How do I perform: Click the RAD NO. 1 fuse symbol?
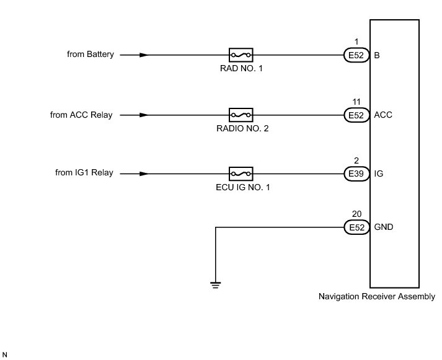[241, 55]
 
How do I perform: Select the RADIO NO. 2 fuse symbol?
[241, 115]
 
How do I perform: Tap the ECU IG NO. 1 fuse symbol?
[241, 173]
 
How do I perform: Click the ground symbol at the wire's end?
[215, 285]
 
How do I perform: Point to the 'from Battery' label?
[91, 54]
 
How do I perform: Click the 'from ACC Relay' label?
[81, 115]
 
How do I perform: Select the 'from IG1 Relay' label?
[84, 172]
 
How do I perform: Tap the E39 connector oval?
[356, 173]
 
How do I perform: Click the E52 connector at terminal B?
[356, 55]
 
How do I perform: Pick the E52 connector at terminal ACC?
[356, 115]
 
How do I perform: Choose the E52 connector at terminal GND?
[356, 227]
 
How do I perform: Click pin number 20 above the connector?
[356, 214]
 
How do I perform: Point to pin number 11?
[356, 102]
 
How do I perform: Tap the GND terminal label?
[383, 227]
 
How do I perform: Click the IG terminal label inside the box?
[378, 173]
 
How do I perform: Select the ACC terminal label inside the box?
[383, 115]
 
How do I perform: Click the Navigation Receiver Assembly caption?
[377, 296]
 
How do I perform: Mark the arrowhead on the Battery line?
[144, 55]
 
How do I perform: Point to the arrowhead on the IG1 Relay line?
[144, 173]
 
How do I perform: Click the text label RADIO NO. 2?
[242, 128]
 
